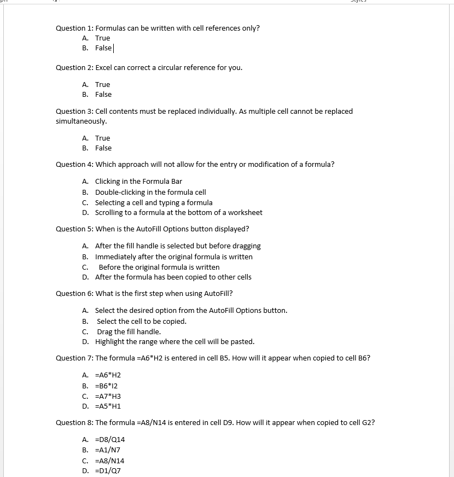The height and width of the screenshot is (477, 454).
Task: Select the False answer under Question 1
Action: [103, 48]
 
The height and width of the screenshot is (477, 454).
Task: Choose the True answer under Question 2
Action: [102, 84]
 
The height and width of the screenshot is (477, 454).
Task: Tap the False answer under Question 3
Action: [103, 148]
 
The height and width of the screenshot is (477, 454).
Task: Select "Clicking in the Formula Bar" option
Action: [138, 182]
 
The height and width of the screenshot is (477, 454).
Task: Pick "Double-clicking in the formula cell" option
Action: [150, 193]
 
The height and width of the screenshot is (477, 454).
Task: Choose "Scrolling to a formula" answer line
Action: [178, 213]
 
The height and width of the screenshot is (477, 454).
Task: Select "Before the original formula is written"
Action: [159, 267]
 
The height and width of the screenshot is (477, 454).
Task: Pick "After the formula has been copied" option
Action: [173, 277]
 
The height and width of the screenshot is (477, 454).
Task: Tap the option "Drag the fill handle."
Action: [129, 332]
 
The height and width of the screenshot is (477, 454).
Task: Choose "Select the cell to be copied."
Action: [142, 322]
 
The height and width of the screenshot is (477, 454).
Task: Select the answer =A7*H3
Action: [108, 397]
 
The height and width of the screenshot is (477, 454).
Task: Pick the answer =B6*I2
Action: [106, 386]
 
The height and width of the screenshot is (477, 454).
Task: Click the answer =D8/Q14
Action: [110, 440]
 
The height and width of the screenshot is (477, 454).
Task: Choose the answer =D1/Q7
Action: [108, 471]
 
